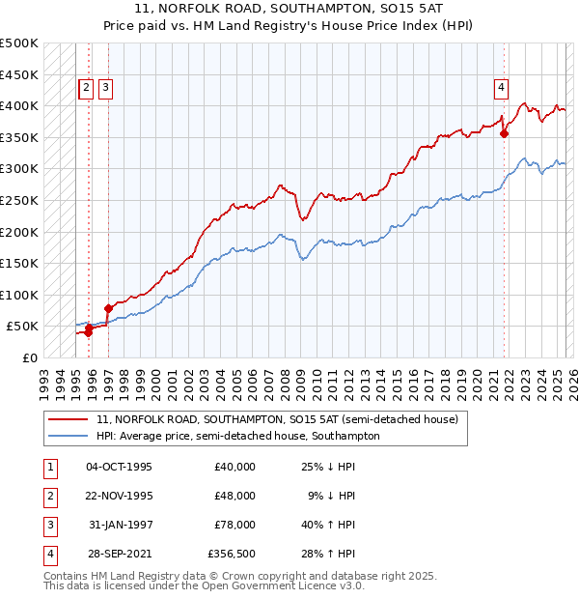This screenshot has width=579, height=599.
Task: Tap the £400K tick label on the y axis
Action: coord(19,105)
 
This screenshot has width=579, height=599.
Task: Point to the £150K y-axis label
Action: coord(19,263)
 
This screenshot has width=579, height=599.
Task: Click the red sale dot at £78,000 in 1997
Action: coord(108,308)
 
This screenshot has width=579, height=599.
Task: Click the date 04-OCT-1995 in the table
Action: coord(120,467)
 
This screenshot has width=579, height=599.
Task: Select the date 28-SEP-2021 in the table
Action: coord(120,554)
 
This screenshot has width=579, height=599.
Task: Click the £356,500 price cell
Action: coord(232,554)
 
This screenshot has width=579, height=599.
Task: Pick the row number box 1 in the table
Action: coord(48,467)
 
